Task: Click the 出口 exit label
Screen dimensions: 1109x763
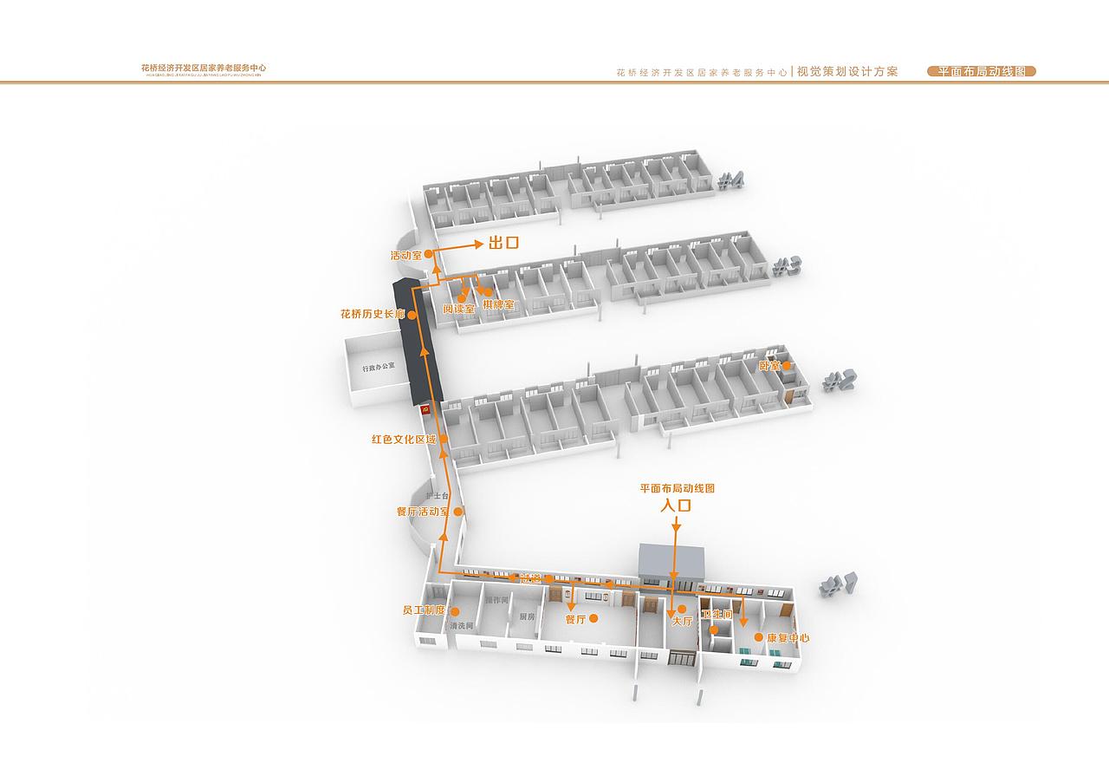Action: (503, 244)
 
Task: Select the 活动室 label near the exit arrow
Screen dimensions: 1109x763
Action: (405, 256)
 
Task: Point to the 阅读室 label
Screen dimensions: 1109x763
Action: (458, 309)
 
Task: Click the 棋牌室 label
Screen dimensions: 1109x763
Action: (499, 305)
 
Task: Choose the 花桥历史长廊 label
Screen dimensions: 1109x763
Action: (373, 314)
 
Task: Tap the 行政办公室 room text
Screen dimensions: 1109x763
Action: (379, 368)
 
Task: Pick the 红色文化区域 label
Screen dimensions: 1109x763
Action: (404, 440)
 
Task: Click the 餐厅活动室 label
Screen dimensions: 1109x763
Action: (423, 512)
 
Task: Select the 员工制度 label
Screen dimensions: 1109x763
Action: (424, 610)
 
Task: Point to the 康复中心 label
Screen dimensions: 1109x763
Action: (788, 637)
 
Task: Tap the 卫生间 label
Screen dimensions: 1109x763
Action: (717, 615)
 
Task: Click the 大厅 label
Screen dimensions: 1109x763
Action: (683, 621)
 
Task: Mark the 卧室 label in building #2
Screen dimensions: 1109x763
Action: (769, 366)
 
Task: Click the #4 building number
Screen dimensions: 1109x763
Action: (731, 181)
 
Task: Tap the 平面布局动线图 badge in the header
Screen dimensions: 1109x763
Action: (982, 72)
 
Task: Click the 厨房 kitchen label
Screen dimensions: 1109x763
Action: (528, 616)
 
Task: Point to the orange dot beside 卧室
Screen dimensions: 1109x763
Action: (787, 366)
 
